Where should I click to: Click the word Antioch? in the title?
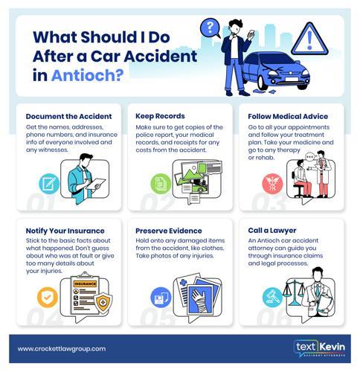point(87,75)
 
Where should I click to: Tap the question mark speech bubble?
point(210,28)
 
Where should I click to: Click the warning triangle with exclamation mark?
point(309,39)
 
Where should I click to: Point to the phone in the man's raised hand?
point(251,33)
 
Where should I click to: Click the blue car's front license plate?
point(292,80)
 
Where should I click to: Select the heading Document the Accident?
point(68,116)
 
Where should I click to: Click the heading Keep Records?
point(160,116)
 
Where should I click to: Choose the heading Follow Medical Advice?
point(288,116)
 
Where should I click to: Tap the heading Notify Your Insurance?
point(65,231)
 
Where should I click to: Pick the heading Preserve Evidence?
point(169,231)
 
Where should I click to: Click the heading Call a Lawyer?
point(272,231)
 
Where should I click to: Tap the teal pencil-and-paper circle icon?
point(49,184)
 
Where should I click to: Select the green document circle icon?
point(161,184)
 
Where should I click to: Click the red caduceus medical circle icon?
point(272,184)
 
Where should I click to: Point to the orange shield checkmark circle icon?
point(48,298)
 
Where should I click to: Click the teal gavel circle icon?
point(272,298)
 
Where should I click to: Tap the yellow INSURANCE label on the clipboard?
point(85,283)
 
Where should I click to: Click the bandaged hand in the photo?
point(200,301)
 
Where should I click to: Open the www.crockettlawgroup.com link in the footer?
point(62,349)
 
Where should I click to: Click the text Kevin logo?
point(319,348)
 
